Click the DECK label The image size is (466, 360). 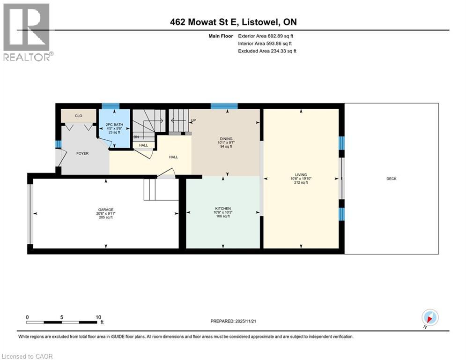click(391, 179)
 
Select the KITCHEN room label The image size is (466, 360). click(223, 209)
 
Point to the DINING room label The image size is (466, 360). click(226, 139)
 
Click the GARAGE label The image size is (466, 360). click(105, 210)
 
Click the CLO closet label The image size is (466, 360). click(78, 116)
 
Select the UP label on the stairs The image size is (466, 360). click(193, 120)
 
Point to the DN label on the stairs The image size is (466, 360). click(136, 137)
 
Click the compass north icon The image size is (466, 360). click(429, 317)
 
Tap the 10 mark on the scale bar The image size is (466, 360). click(98, 317)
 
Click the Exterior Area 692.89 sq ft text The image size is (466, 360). click(266, 36)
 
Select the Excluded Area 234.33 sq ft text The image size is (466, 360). click(267, 51)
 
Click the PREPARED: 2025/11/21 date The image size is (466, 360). click(234, 321)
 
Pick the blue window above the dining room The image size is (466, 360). click(220, 106)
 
